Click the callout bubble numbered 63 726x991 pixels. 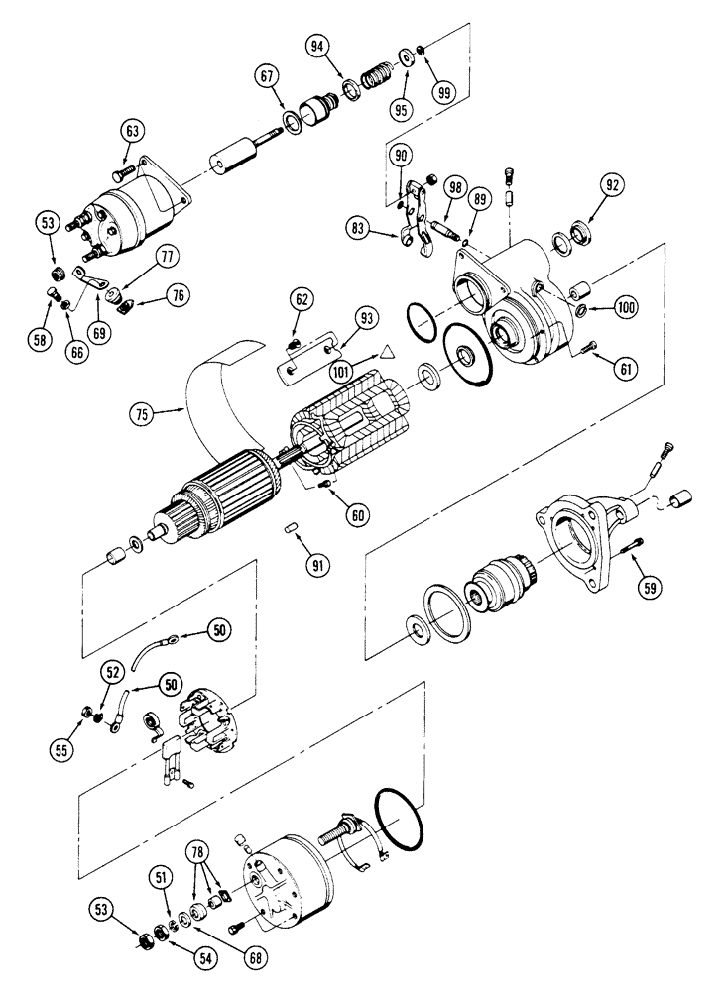[x=134, y=129]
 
